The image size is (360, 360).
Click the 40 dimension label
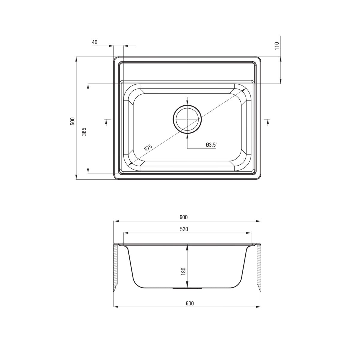(x=95, y=42)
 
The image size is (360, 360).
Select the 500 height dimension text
(x=72, y=121)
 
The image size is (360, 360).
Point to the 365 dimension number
(x=84, y=131)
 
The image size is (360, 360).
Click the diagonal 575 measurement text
(x=148, y=148)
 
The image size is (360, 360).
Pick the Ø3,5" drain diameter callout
(x=212, y=145)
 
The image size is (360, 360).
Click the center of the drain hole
(x=187, y=119)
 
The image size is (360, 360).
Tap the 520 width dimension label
(x=184, y=229)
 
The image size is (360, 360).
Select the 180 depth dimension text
(x=184, y=271)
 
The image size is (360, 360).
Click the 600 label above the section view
(x=184, y=217)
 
